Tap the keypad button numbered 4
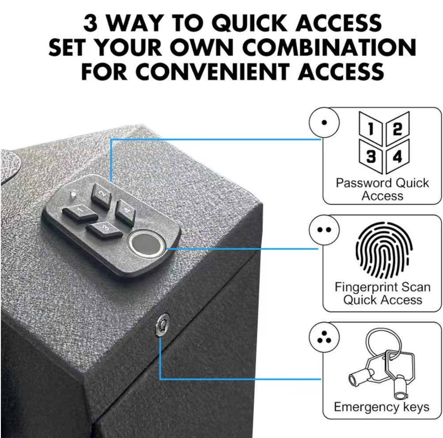[x=125, y=209]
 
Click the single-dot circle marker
[x=324, y=122]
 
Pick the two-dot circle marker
[x=324, y=230]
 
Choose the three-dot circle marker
[x=324, y=338]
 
